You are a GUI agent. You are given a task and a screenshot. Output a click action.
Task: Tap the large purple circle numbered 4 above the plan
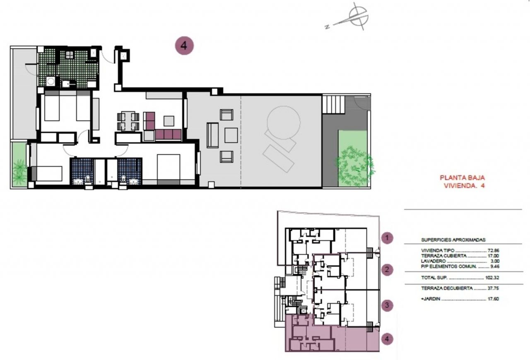click(184, 46)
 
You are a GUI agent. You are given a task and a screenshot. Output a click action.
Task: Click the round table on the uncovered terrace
click(284, 122)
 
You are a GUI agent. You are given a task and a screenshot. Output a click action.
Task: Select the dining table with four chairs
click(128, 121)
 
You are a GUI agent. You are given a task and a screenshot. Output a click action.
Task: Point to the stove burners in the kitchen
click(69, 55)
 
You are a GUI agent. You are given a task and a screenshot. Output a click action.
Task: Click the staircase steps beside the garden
click(333, 104)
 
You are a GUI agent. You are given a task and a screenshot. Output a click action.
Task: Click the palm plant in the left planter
click(19, 170)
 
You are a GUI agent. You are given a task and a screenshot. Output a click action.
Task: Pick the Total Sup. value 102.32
click(492, 278)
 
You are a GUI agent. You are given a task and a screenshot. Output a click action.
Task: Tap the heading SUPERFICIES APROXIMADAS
click(453, 240)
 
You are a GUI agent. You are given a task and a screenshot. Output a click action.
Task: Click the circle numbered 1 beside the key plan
click(387, 238)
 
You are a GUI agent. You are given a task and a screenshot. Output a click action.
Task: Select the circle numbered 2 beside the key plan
click(387, 270)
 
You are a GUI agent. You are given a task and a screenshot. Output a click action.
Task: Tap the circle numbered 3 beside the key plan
click(387, 305)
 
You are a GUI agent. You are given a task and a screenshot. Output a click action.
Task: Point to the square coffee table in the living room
click(169, 121)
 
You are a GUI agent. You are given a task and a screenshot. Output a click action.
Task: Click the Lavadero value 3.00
click(495, 261)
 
